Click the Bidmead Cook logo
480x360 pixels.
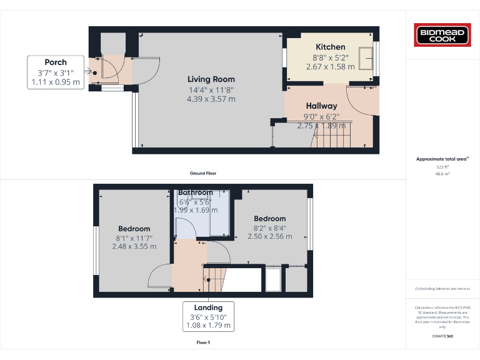[x=443, y=34]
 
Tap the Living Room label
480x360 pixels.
[x=211, y=79]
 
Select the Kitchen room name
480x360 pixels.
[x=330, y=47]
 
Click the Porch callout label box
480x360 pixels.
[x=56, y=72]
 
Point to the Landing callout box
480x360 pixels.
[x=208, y=316]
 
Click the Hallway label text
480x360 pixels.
[x=321, y=106]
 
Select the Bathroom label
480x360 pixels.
[x=196, y=192]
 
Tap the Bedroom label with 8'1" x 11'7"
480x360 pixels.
[x=134, y=229]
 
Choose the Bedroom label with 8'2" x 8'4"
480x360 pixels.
[x=269, y=218]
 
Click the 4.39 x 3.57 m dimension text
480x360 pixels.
[x=211, y=99]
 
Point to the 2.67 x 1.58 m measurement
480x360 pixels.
[x=330, y=66]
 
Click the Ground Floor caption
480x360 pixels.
[x=203, y=173]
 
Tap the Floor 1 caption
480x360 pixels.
[x=203, y=342]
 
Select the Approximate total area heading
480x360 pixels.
[x=442, y=159]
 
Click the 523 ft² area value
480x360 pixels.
[x=442, y=167]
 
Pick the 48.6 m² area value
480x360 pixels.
[x=442, y=174]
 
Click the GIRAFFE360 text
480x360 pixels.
[x=442, y=337]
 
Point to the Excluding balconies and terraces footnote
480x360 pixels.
[x=442, y=288]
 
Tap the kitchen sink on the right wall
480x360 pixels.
[x=367, y=57]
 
